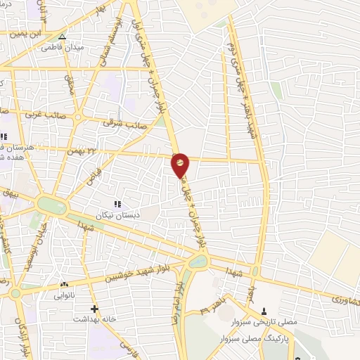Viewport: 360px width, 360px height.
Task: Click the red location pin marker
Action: pyautogui.click(x=180, y=165)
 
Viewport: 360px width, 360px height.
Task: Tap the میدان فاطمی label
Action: pyautogui.click(x=57, y=47)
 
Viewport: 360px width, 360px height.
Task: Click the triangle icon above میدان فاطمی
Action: pyautogui.click(x=63, y=36)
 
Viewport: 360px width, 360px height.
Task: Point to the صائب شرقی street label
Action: pyautogui.click(x=118, y=122)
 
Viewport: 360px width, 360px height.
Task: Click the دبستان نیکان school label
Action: pyautogui.click(x=118, y=213)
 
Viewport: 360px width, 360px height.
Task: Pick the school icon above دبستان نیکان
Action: pyautogui.click(x=117, y=203)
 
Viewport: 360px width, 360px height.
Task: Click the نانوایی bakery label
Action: pyautogui.click(x=64, y=296)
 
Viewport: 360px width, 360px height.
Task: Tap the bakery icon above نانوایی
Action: pyautogui.click(x=64, y=285)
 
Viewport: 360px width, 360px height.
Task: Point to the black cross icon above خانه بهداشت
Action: pyautogui.click(x=94, y=309)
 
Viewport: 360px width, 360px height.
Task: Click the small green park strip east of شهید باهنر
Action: pyautogui.click(x=277, y=90)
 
